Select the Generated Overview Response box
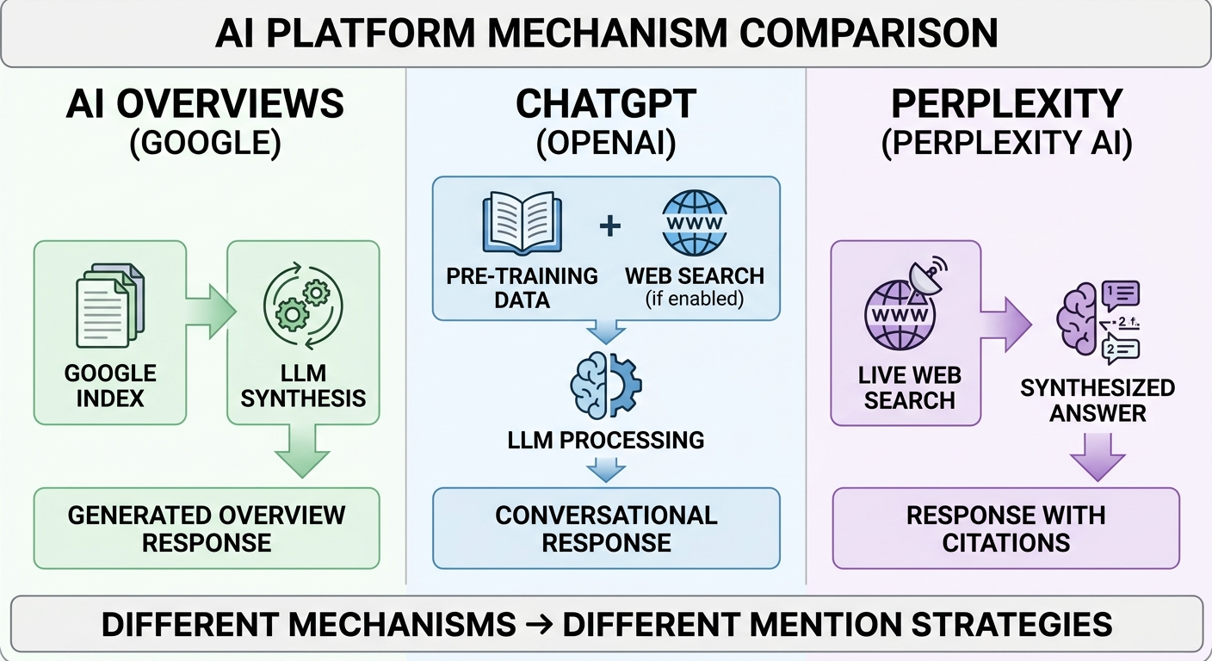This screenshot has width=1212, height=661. coord(207,528)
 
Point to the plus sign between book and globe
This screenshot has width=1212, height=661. coord(609,226)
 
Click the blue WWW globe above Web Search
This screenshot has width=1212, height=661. coord(694,226)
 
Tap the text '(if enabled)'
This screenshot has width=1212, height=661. coord(694,299)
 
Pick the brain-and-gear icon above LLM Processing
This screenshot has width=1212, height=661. coord(605,385)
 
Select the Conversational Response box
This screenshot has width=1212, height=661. coord(606,528)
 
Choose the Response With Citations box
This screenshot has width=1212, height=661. coord(1005,528)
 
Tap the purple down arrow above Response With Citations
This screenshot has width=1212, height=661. coord(1098,456)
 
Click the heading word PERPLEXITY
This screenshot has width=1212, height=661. coord(1006,104)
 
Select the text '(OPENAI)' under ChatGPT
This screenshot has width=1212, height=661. coord(606,144)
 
